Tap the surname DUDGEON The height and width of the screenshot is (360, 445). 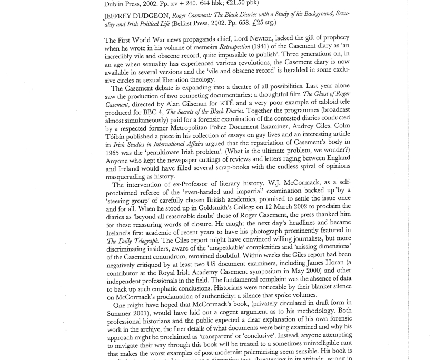click(x=151, y=16)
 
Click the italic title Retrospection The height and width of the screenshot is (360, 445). click(x=234, y=47)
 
